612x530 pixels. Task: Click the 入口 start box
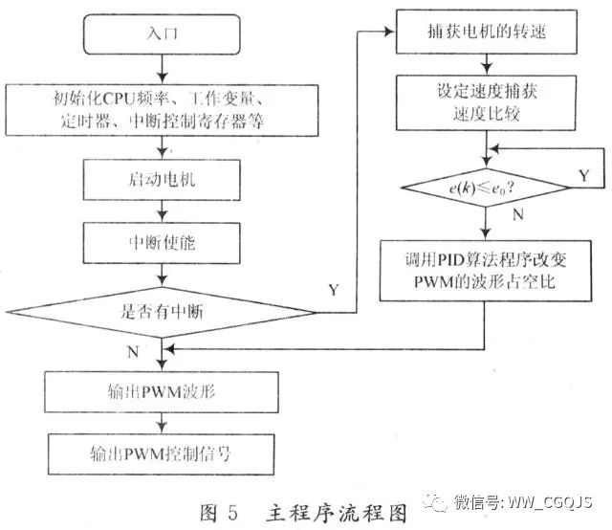(164, 34)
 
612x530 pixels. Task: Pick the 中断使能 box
(164, 243)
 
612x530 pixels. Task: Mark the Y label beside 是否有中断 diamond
(333, 289)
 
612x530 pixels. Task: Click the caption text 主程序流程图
(325, 509)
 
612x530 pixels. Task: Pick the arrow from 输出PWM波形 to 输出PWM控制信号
(164, 421)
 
